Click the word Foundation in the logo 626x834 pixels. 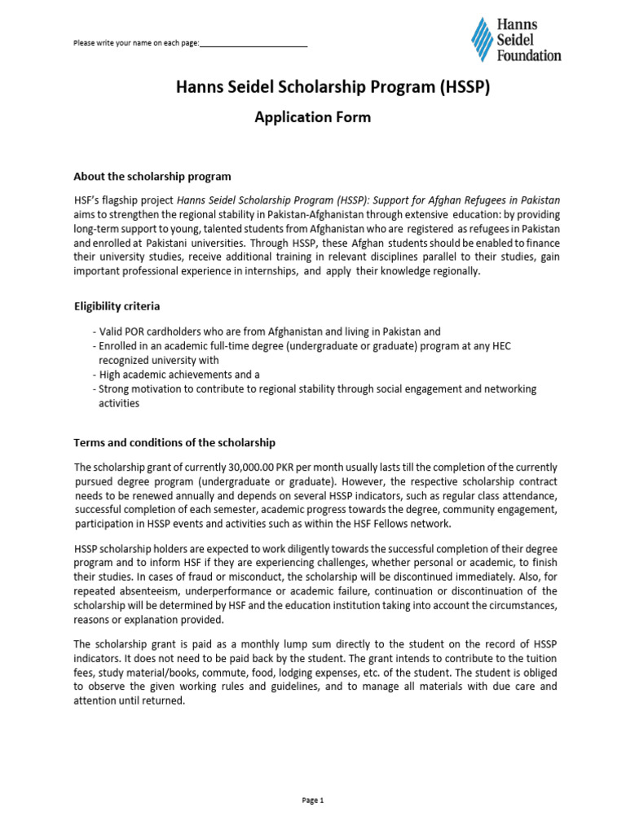[x=529, y=55]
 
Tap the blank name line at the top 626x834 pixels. [x=253, y=43]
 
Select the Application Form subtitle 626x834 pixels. [x=313, y=117]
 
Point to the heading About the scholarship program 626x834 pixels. [x=152, y=176]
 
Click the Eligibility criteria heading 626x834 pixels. [x=117, y=306]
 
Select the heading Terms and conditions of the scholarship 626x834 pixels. [x=174, y=442]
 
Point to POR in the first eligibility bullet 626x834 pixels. [x=134, y=331]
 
